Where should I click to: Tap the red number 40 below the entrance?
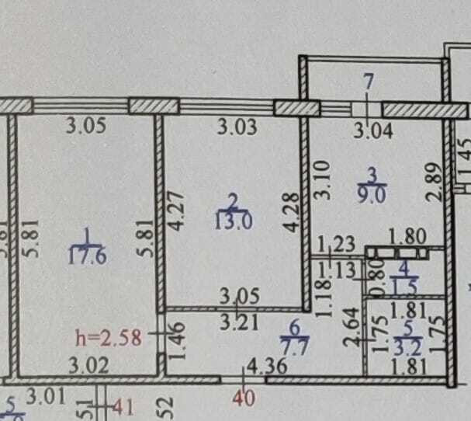pos(246,400)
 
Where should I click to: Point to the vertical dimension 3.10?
pos(324,177)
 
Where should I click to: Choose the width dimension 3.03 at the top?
pos(236,127)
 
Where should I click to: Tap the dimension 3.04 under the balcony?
pos(373,130)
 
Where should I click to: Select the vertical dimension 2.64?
pos(350,329)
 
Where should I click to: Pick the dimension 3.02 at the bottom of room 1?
pos(86,362)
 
